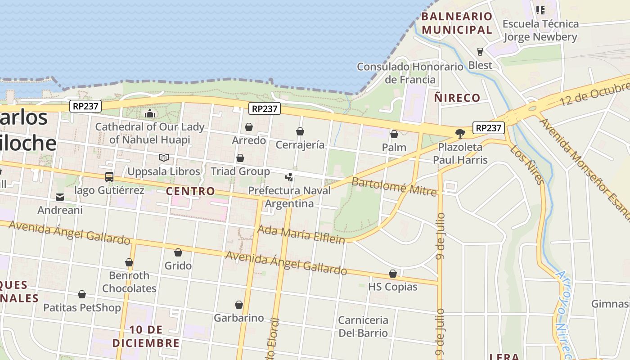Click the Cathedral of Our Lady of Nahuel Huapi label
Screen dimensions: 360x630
click(x=150, y=133)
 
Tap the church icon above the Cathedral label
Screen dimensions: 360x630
click(x=150, y=113)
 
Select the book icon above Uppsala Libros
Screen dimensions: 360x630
click(x=164, y=158)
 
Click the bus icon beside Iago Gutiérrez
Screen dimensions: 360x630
click(x=109, y=177)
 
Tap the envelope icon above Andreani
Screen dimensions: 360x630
click(x=60, y=197)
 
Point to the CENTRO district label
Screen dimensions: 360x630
click(x=190, y=191)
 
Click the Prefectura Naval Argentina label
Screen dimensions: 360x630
click(x=289, y=197)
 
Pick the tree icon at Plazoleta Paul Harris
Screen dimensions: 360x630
click(x=460, y=133)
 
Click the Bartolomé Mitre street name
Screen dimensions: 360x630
click(x=394, y=187)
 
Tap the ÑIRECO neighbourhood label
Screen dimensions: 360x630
click(x=457, y=98)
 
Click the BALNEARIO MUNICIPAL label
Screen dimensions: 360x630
click(x=457, y=23)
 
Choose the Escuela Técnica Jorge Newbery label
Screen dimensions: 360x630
click(x=540, y=30)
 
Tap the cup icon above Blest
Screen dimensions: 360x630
click(x=480, y=52)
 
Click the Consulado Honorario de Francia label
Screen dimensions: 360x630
click(x=410, y=73)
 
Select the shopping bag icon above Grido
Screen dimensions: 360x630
click(x=178, y=252)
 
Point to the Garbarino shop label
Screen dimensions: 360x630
click(x=238, y=318)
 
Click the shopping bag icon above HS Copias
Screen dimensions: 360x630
click(x=393, y=274)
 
